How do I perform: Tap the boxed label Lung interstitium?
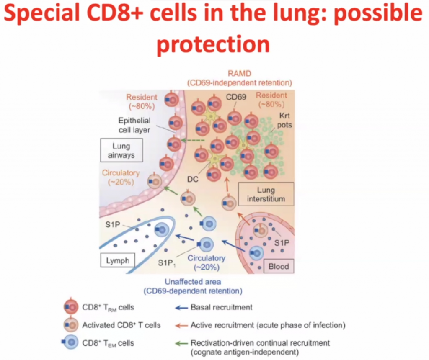pyautogui.click(x=266, y=194)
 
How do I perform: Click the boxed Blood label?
pyautogui.click(x=279, y=266)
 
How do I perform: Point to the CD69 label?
pyautogui.click(x=236, y=98)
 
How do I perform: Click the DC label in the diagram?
pyautogui.click(x=193, y=177)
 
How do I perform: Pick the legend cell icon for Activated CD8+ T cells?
pyautogui.click(x=71, y=325)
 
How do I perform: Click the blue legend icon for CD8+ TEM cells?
pyautogui.click(x=70, y=343)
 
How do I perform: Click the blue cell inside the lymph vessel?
pyautogui.click(x=161, y=229)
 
